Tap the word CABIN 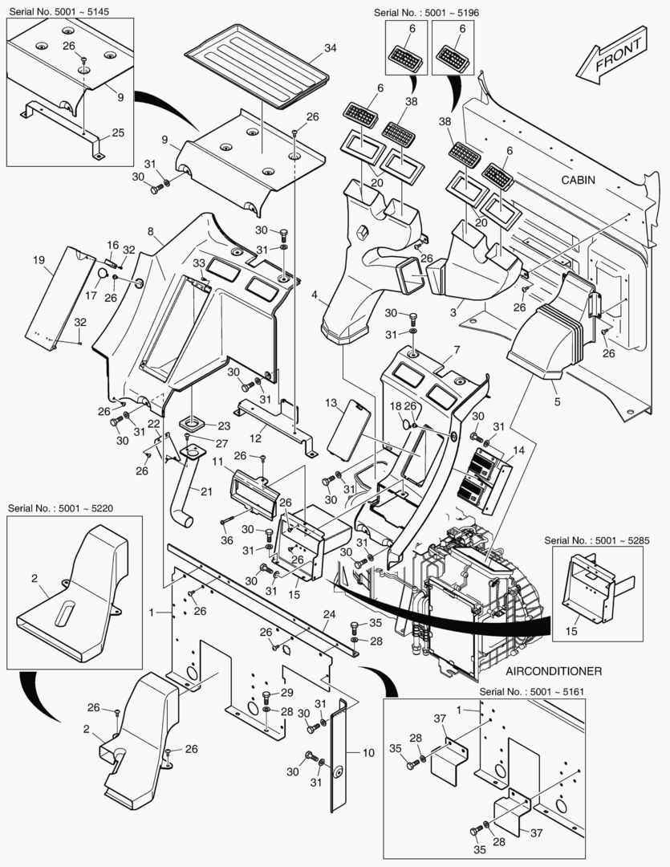[578, 180]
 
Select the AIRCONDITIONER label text [554, 670]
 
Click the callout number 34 [330, 49]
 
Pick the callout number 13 [330, 401]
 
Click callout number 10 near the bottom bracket [368, 753]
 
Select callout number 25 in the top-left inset [118, 132]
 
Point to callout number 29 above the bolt [286, 694]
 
